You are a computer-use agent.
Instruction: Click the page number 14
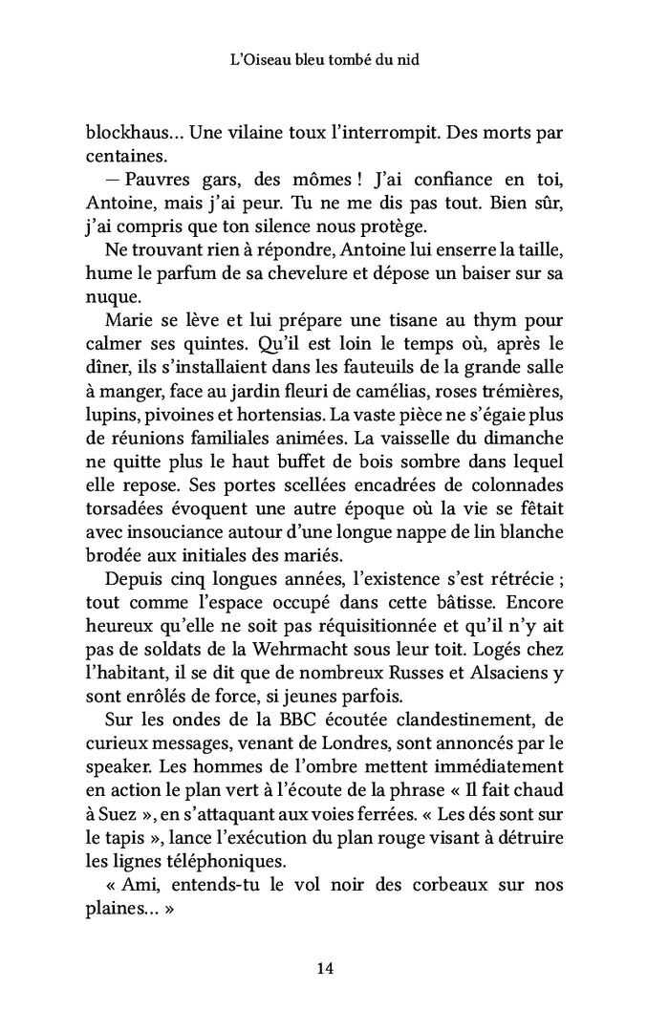coord(324,968)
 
